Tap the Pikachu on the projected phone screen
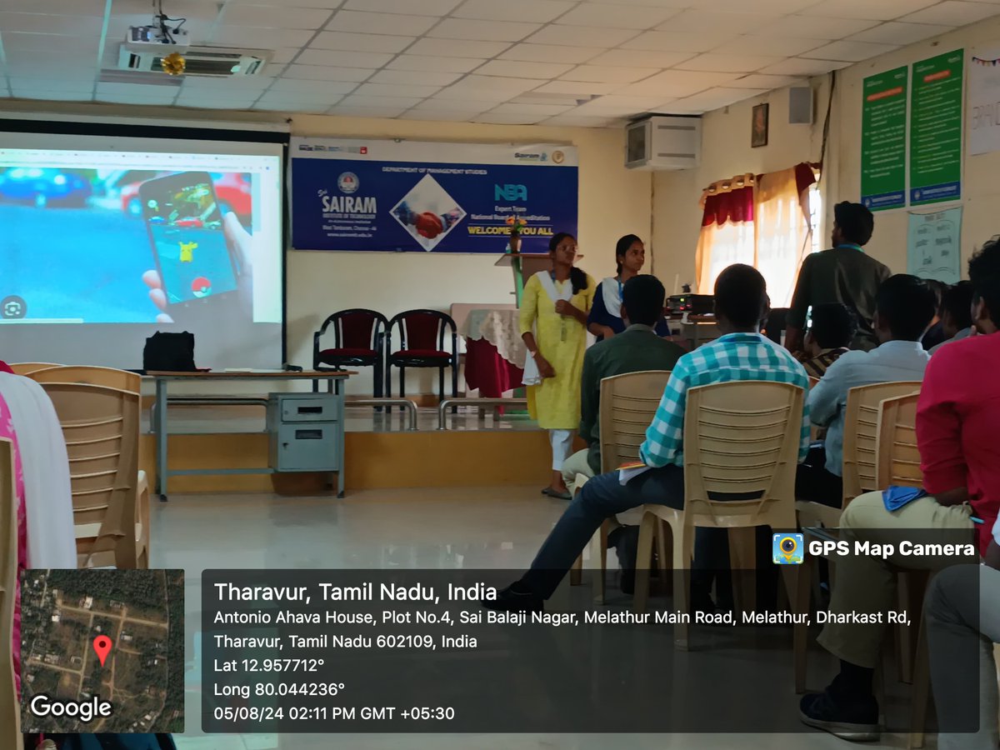coord(188,252)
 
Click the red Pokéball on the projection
coord(201,287)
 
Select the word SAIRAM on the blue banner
coord(348,205)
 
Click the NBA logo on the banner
coord(510,192)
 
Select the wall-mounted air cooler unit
coord(663,142)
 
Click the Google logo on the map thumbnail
coord(71,707)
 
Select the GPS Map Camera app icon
coord(787,548)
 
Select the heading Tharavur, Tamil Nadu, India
coord(355,592)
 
